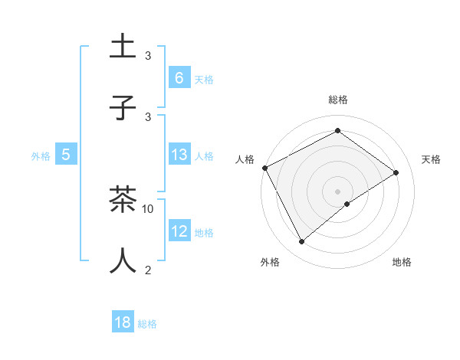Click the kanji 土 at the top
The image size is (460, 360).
pos(123,47)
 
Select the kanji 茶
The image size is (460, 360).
pos(123,200)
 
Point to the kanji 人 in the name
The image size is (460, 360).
pos(123,260)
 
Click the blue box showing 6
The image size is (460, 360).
pos(179,77)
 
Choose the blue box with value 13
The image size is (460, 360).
pos(179,155)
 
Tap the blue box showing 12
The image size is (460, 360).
pos(179,231)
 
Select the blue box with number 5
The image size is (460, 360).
pos(66,155)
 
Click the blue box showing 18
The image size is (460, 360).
pos(123,322)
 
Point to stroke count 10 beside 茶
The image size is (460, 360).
pos(148,208)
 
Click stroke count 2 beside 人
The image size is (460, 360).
pos(148,270)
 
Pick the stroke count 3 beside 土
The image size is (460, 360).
pos(148,56)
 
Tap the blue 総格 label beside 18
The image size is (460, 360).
pos(147,324)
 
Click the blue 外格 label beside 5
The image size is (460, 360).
pos(41,155)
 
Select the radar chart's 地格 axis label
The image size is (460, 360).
pos(402,262)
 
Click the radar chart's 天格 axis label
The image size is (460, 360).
pos(431,159)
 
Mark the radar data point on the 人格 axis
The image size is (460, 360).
pos(264,168)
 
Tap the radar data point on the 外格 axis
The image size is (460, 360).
pos(301,242)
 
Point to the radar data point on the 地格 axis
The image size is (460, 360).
pos(347,204)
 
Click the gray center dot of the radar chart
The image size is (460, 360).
pos(337,191)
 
